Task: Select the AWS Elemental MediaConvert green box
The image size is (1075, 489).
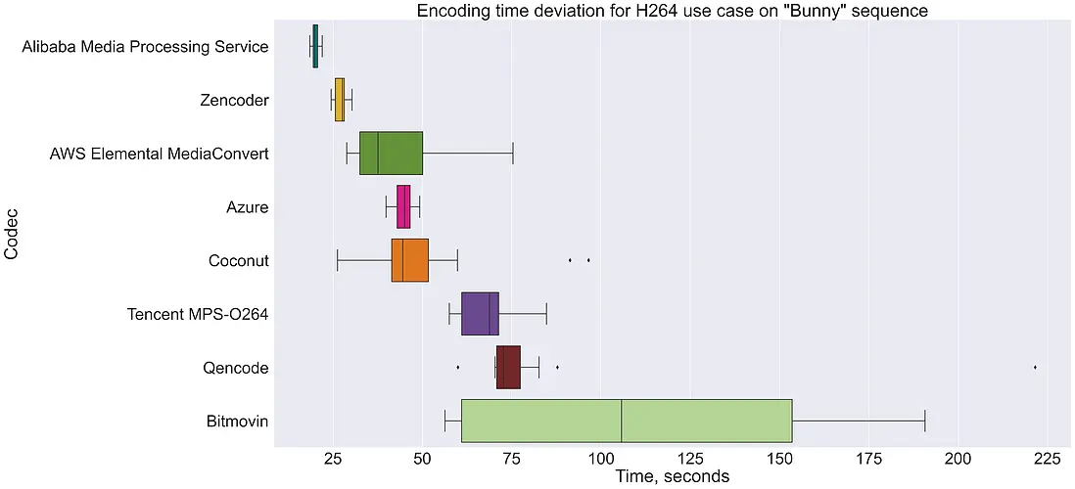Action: click(x=391, y=153)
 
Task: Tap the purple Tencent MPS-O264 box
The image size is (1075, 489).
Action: click(x=480, y=314)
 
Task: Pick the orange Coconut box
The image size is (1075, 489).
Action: click(x=409, y=261)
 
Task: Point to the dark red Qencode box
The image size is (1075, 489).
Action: click(x=508, y=367)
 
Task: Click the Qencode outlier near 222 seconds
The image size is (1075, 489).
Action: click(x=1035, y=367)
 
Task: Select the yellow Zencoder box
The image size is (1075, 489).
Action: click(x=340, y=100)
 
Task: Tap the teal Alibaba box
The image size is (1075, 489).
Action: click(x=314, y=46)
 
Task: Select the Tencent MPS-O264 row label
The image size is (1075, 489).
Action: click(x=198, y=314)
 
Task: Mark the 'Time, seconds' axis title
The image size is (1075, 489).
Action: click(x=672, y=477)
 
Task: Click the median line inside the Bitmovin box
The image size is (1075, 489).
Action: click(x=622, y=421)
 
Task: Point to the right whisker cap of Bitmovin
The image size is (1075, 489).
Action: click(x=925, y=421)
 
